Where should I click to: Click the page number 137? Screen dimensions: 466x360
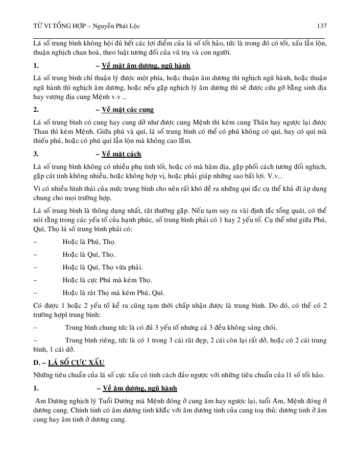click(321, 26)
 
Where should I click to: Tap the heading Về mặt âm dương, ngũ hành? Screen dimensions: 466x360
click(146, 66)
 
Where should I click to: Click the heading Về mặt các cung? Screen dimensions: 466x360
click(128, 110)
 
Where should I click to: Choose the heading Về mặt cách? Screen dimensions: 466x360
click(122, 154)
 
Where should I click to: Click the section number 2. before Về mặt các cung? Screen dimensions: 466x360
click(36, 110)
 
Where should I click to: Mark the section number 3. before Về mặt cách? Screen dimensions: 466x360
click(36, 154)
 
